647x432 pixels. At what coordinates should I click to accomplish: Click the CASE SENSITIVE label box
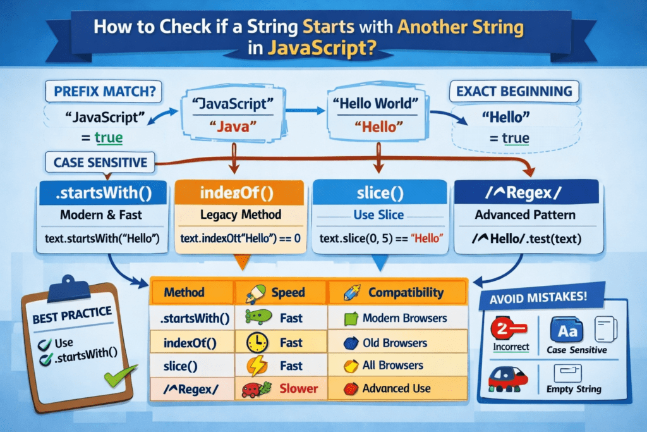click(100, 162)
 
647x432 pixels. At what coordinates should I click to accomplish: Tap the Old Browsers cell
click(395, 343)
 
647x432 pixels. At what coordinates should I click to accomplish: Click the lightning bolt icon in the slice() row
click(257, 366)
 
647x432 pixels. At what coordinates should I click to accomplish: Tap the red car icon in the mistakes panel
click(509, 378)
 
